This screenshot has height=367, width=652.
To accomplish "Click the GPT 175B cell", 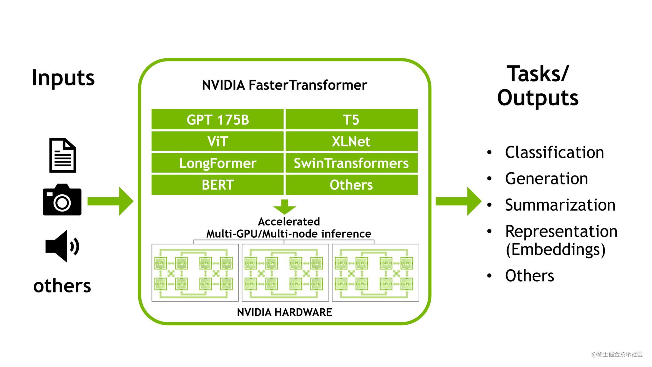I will [217, 120].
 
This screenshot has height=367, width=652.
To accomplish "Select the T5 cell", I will [351, 120].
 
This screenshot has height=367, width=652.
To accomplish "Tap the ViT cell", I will [217, 141].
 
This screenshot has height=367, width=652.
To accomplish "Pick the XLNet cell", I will [351, 141].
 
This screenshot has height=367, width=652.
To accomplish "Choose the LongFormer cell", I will [217, 163].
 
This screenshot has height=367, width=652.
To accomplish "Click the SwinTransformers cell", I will [351, 163].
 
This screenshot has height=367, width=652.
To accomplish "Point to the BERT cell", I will [217, 185].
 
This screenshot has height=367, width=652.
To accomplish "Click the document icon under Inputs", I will [63, 155].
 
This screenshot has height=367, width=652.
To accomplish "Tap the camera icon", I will [62, 200].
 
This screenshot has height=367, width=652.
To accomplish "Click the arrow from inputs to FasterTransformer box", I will [110, 201].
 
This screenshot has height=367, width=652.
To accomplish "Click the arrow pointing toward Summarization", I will [458, 201].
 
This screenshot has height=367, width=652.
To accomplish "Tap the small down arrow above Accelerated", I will [285, 207].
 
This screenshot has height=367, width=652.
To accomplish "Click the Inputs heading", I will [63, 78].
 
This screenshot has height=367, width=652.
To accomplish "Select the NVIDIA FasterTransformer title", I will [284, 85].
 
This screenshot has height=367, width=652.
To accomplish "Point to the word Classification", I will [554, 152].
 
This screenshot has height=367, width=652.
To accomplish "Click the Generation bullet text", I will [546, 178].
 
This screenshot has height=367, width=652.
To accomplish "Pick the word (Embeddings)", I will [556, 249].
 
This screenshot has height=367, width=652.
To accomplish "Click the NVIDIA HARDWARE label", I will [284, 312].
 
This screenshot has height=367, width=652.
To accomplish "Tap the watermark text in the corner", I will [617, 354].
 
